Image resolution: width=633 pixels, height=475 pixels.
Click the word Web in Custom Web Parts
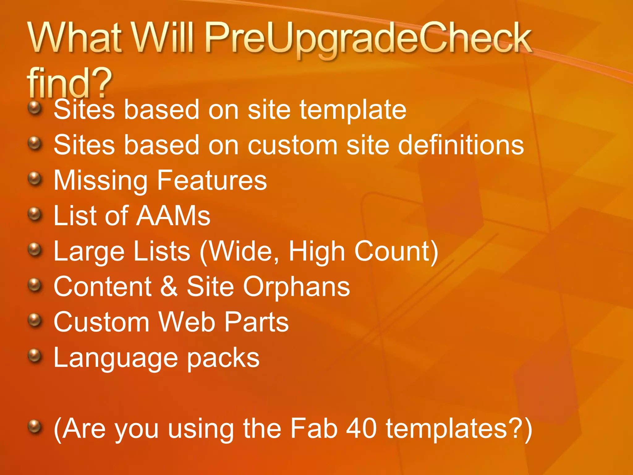[187, 322]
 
